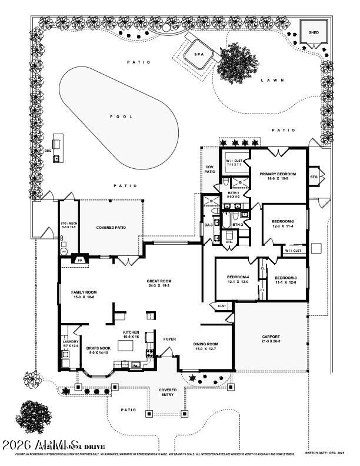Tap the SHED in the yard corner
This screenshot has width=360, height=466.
[x=314, y=32]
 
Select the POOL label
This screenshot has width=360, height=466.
[x=122, y=116]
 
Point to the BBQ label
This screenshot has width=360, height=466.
[x=48, y=151]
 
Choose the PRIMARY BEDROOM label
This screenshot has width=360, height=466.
[x=278, y=175]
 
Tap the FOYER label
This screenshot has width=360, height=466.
[x=169, y=338]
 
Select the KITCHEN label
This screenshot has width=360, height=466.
[x=131, y=332]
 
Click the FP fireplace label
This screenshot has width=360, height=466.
[x=80, y=259]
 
